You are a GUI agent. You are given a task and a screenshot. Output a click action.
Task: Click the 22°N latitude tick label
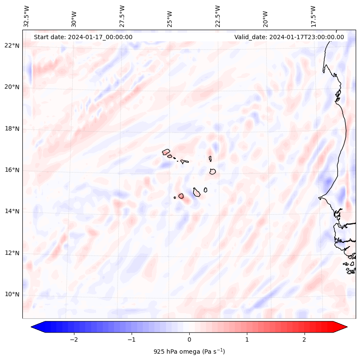pos(12,46)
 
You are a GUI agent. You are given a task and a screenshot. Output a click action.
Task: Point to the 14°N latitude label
pos(12,211)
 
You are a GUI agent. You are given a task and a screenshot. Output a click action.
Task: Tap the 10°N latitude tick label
pos(12,294)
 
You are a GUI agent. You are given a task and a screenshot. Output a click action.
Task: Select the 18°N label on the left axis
pos(12,129)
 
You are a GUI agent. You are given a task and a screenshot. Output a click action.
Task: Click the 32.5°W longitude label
pos(27,16)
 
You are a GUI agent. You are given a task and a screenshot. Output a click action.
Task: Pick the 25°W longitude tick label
pos(170,18)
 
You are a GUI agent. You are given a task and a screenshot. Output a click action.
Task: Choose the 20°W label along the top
pos(265,18)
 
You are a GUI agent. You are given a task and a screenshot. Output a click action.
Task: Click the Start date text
pos(83,37)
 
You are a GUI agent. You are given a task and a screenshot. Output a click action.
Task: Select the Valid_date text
pos(289,37)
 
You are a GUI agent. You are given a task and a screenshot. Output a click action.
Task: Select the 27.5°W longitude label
pos(122,16)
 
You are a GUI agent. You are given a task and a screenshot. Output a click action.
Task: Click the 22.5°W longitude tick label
pos(218,16)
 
